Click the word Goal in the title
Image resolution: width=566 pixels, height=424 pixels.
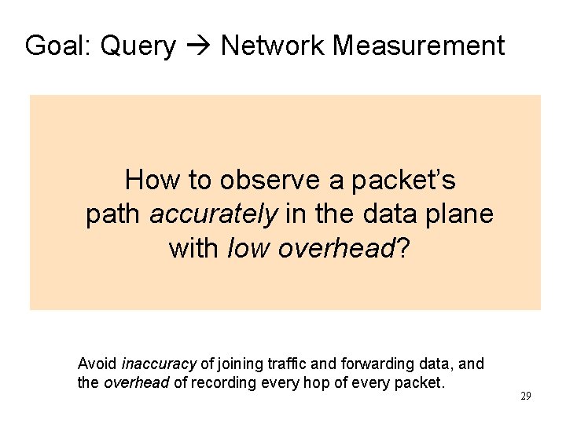tap(52, 46)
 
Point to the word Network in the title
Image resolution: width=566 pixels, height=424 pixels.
tap(273, 46)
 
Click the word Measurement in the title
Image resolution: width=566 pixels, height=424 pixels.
tap(418, 46)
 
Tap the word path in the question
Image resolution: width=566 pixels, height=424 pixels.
tap(113, 214)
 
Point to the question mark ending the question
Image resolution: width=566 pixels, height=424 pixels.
tap(402, 248)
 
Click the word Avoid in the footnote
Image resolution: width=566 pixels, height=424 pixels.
tap(97, 364)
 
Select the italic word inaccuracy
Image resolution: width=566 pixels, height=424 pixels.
tap(159, 364)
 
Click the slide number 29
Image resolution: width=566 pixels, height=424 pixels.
tap(526, 396)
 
